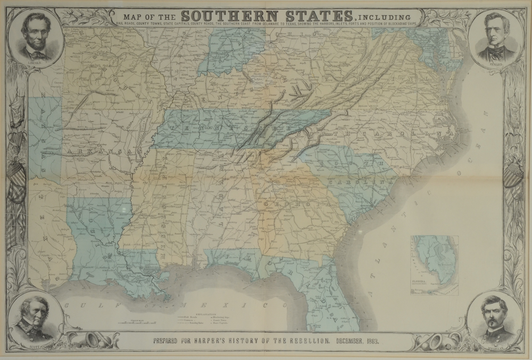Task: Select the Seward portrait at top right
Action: coord(495,38)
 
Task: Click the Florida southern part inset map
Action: coord(434,264)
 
